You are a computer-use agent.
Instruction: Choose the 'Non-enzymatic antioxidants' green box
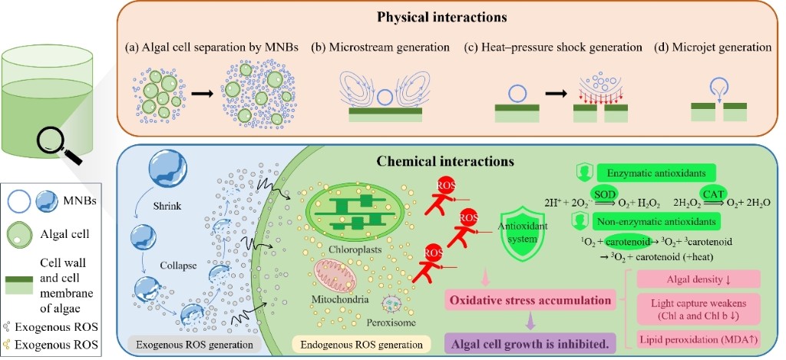point(656,222)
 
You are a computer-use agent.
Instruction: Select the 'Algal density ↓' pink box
point(695,278)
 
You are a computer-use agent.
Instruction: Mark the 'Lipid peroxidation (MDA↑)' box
point(695,339)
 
